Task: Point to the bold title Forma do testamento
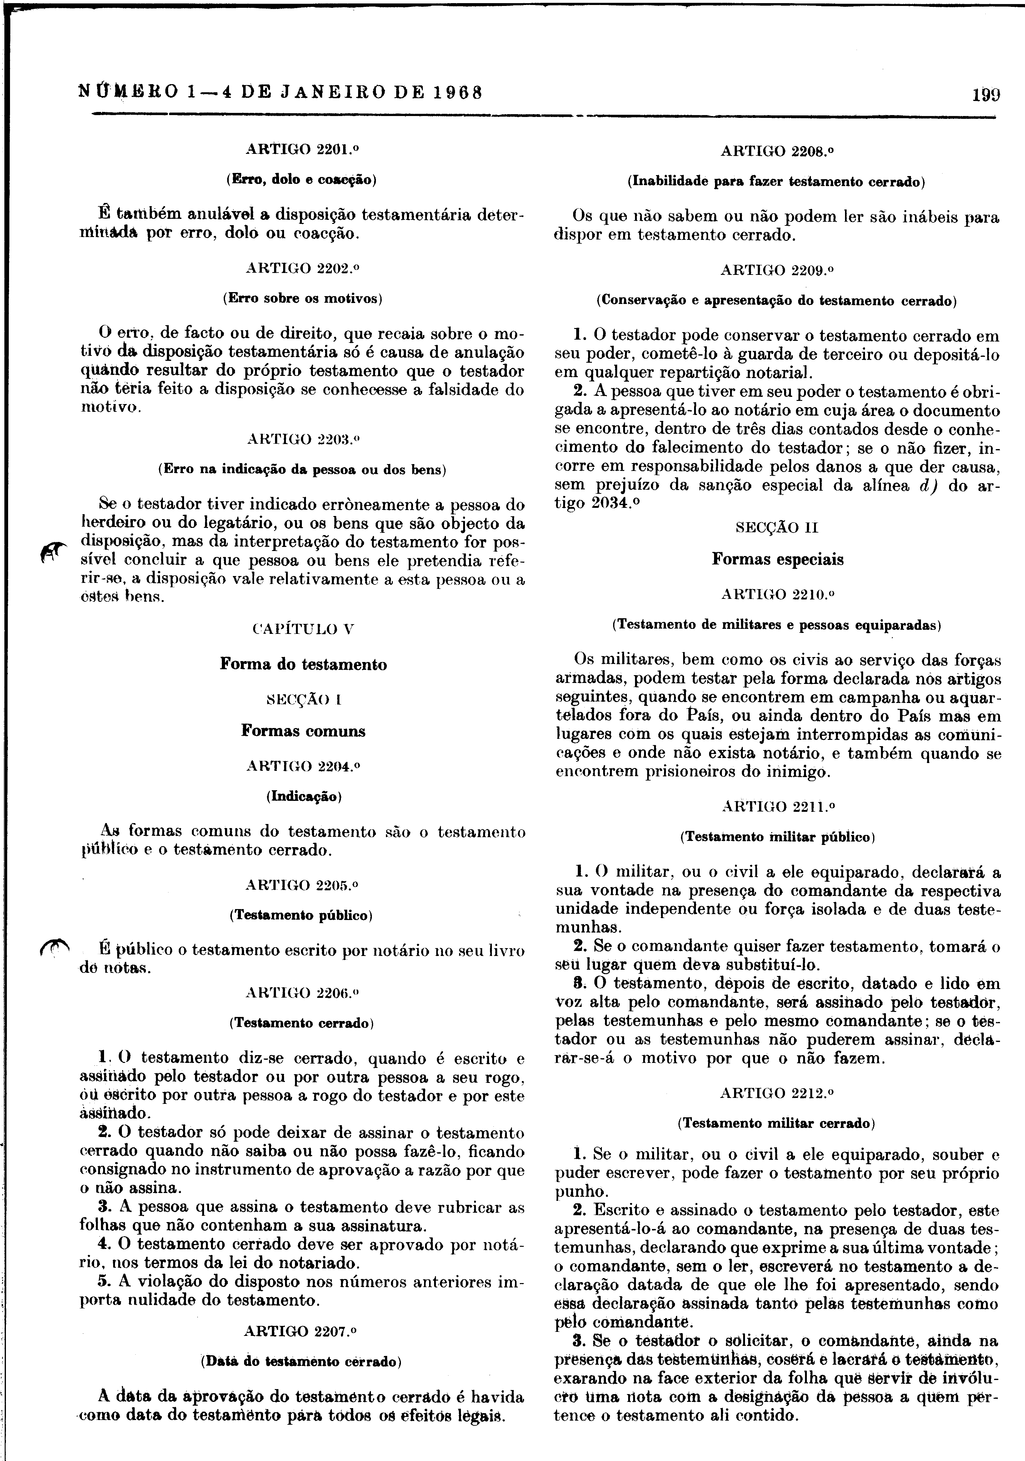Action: click(x=303, y=664)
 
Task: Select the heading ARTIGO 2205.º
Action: click(x=303, y=885)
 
